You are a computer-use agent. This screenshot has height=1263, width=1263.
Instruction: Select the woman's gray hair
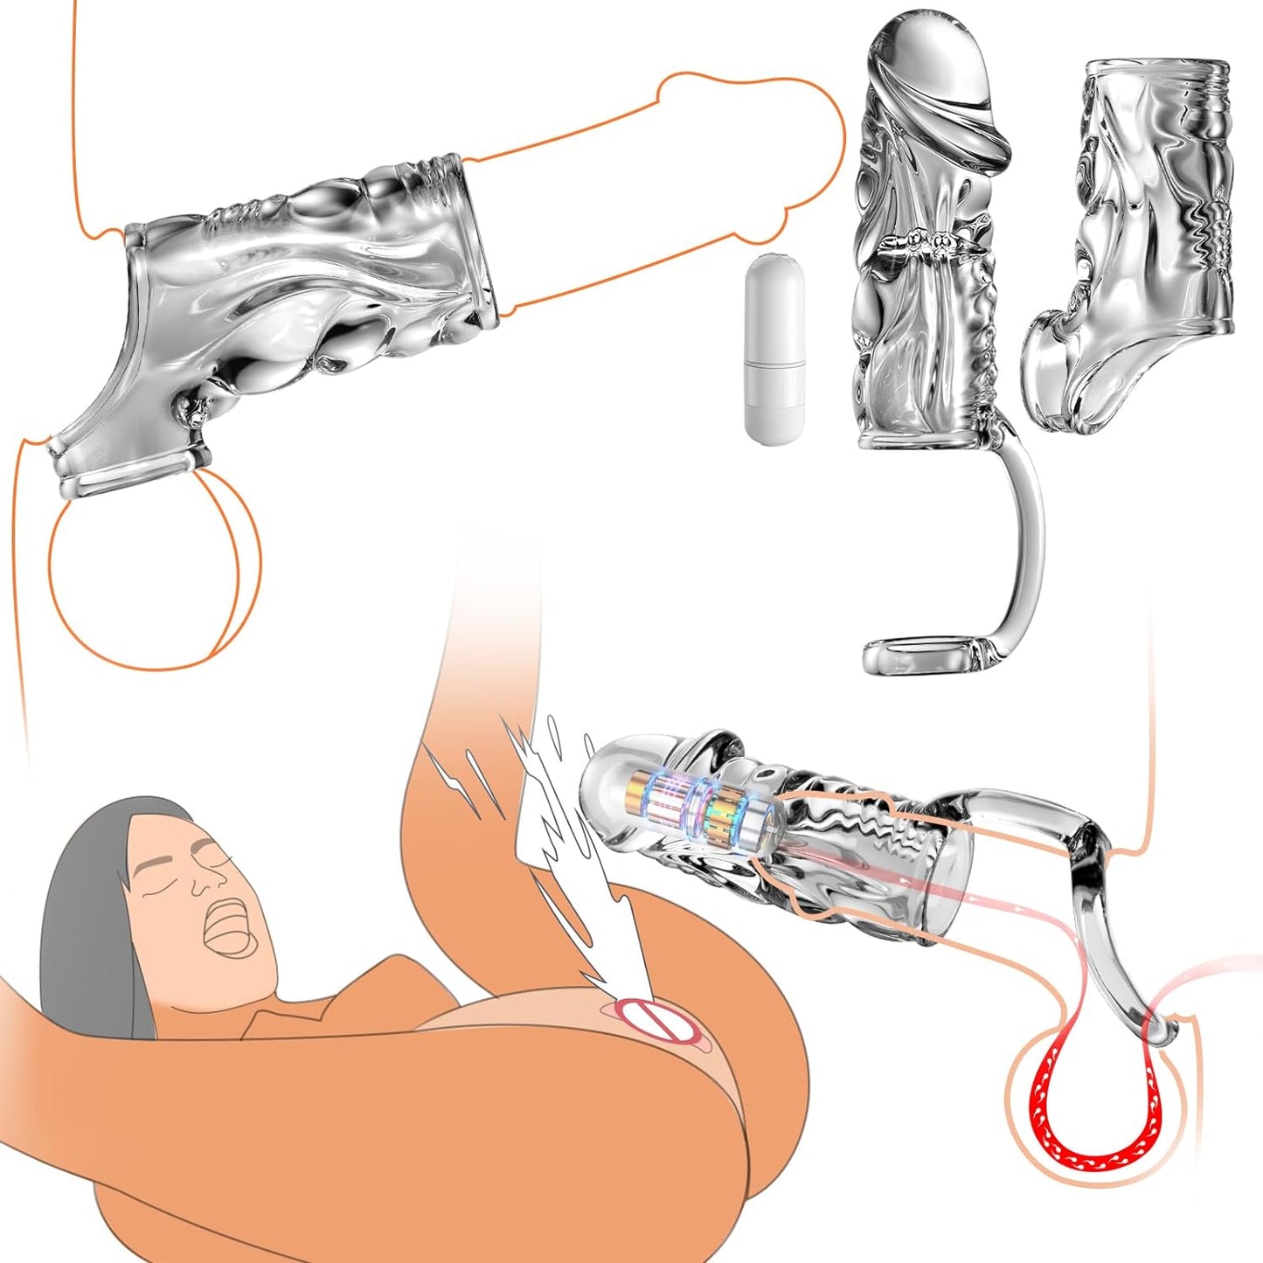[87, 909]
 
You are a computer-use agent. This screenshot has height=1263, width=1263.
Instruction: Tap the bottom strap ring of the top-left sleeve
[131, 476]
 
